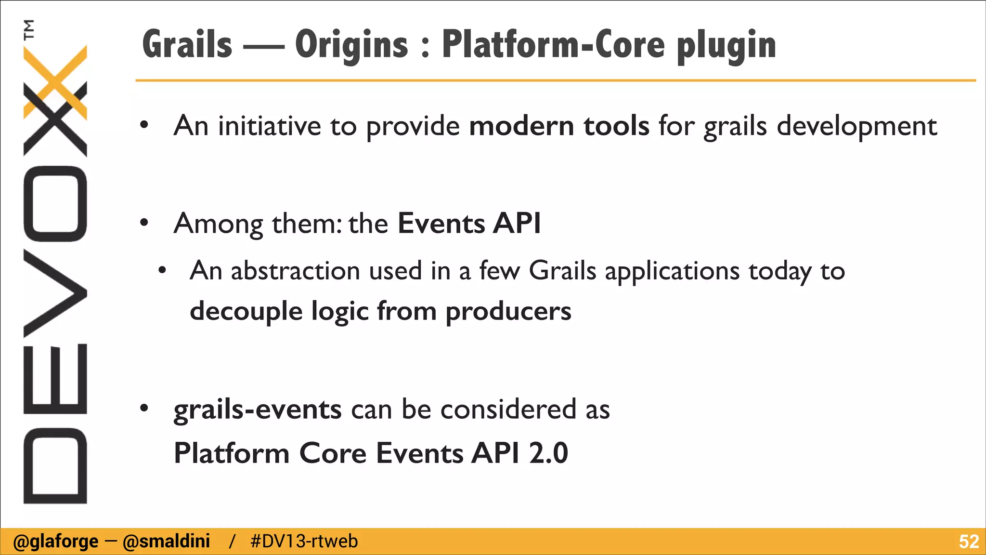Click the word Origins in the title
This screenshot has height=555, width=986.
click(x=351, y=45)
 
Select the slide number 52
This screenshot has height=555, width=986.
click(x=968, y=542)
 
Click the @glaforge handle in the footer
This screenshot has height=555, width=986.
click(x=56, y=541)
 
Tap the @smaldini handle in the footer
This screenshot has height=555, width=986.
click(x=167, y=541)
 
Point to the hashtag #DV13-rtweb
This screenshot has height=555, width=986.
click(x=304, y=541)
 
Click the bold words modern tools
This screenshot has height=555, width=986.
click(x=559, y=126)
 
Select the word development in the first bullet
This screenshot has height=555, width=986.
click(x=857, y=126)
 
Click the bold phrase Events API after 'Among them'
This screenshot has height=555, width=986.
click(x=469, y=224)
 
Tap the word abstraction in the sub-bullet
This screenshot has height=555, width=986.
click(x=295, y=270)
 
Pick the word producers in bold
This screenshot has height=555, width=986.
click(x=508, y=311)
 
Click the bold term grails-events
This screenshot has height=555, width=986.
click(x=258, y=410)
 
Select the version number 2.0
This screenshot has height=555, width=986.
click(x=548, y=453)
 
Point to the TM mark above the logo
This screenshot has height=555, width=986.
click(x=29, y=29)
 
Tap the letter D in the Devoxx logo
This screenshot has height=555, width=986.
click(x=55, y=465)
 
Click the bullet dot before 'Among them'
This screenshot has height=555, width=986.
click(x=144, y=223)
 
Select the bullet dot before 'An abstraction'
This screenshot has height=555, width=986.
click(x=162, y=270)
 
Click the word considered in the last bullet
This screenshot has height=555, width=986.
click(x=508, y=410)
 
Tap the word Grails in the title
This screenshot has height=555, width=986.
click(x=187, y=45)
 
